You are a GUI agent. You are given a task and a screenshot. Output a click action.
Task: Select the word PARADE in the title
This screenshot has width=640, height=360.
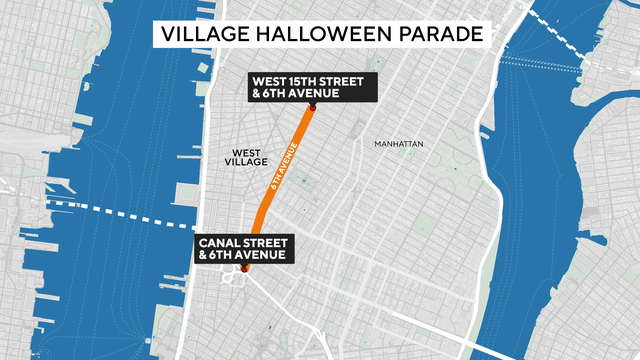pos(446,35)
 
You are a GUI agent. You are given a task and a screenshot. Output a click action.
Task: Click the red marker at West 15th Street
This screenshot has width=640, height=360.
pos(312,105)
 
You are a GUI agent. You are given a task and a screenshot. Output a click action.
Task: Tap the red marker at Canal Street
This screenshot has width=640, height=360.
pos(243,268)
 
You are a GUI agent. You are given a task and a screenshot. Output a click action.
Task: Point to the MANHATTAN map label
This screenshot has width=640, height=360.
pos(399,144)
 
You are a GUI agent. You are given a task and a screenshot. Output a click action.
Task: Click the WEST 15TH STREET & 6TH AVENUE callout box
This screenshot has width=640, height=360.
pos(313,87)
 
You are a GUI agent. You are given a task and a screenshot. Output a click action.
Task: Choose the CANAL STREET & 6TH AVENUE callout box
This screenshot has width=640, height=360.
pos(243,249)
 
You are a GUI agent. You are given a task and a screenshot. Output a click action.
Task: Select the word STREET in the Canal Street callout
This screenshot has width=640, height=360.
pos(266,242)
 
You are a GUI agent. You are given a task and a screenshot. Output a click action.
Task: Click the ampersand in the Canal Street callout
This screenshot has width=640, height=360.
pos(203,256)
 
